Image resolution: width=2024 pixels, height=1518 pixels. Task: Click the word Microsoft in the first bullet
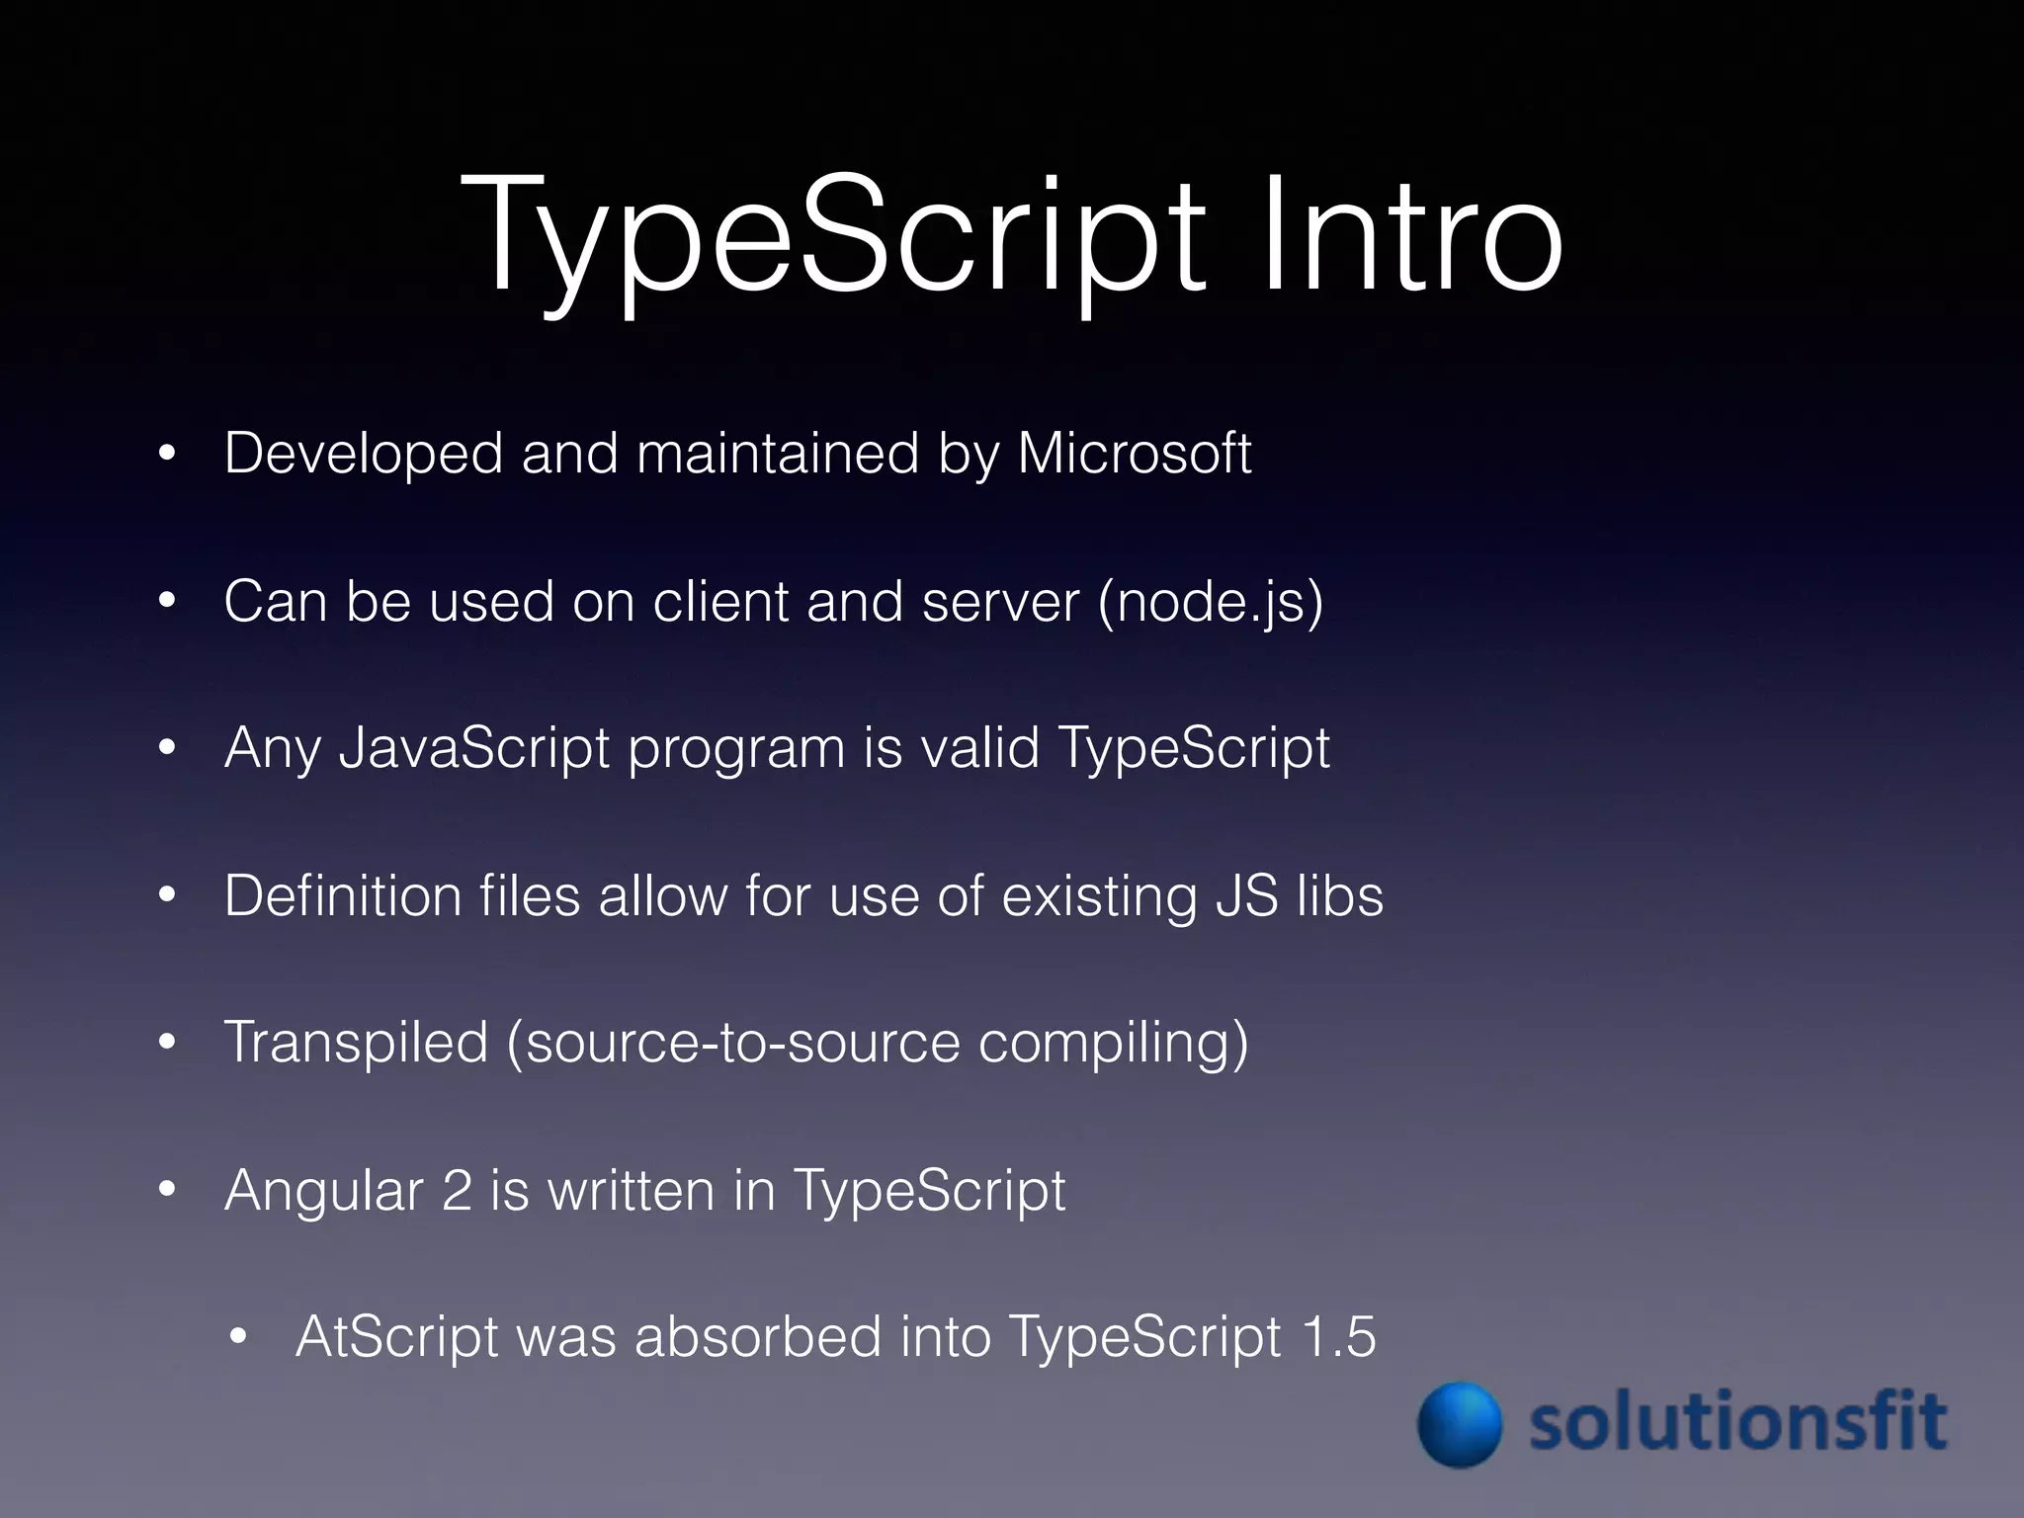pos(1135,454)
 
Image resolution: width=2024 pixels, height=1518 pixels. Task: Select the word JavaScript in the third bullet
pos(473,748)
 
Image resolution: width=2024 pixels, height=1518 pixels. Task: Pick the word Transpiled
pos(356,1042)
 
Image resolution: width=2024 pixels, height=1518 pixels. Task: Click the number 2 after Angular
pos(457,1190)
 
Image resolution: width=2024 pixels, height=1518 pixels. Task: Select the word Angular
pos(323,1192)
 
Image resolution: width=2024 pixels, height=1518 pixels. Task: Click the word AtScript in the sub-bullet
pos(396,1337)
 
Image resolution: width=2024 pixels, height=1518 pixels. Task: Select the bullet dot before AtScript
pos(237,1339)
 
